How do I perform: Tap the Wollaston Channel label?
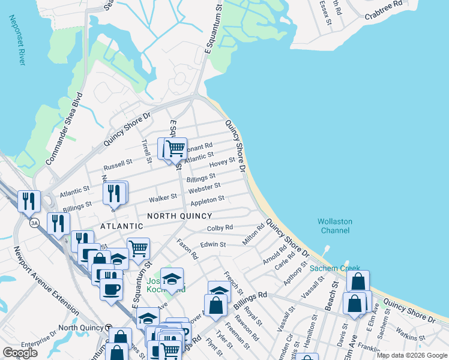[x=335, y=226]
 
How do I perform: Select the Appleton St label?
[x=207, y=199]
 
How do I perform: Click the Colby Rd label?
[x=220, y=228]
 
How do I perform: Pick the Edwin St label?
[x=213, y=244]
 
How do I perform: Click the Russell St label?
[x=118, y=163]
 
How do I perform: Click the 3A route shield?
[x=35, y=223]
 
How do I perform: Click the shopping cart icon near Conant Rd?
[x=175, y=148]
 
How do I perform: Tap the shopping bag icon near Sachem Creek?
[x=358, y=281]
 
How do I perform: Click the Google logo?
[x=20, y=353]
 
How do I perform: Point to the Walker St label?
[x=163, y=197]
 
